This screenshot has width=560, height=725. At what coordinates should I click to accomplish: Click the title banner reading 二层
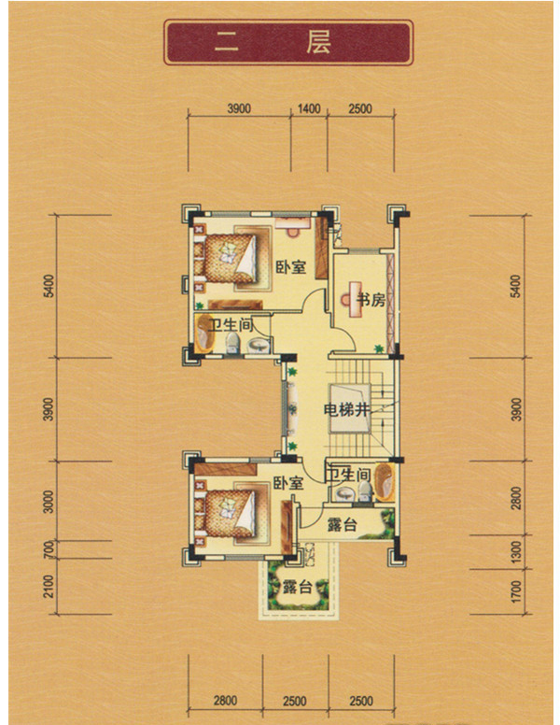pyautogui.click(x=288, y=42)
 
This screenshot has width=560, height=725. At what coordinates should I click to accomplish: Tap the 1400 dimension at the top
pyautogui.click(x=309, y=108)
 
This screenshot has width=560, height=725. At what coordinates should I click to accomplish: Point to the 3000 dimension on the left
pyautogui.click(x=49, y=502)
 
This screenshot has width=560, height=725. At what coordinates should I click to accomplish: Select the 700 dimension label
pyautogui.click(x=49, y=549)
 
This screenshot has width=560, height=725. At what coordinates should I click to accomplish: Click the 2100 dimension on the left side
pyautogui.click(x=49, y=587)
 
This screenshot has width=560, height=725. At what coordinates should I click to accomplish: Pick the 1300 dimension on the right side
pyautogui.click(x=516, y=552)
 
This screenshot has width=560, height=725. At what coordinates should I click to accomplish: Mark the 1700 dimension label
pyautogui.click(x=516, y=591)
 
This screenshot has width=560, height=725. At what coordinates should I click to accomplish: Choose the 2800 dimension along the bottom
pyautogui.click(x=225, y=701)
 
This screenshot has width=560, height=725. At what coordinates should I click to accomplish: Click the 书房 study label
pyautogui.click(x=371, y=300)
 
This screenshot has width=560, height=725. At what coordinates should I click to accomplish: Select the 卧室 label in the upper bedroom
pyautogui.click(x=291, y=267)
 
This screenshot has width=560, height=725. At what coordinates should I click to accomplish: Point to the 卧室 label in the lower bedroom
pyautogui.click(x=288, y=484)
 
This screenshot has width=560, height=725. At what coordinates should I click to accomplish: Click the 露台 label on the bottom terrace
pyautogui.click(x=298, y=588)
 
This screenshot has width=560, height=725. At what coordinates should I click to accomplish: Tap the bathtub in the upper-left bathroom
pyautogui.click(x=203, y=334)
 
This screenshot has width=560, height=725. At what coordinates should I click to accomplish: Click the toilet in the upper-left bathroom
pyautogui.click(x=232, y=344)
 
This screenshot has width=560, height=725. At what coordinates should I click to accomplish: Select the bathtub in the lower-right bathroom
pyautogui.click(x=385, y=482)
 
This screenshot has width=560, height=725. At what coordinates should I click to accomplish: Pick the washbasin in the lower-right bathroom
pyautogui.click(x=344, y=494)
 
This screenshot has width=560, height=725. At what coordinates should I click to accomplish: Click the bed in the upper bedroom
pyautogui.click(x=230, y=258)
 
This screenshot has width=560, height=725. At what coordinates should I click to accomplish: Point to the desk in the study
pyautogui.click(x=355, y=300)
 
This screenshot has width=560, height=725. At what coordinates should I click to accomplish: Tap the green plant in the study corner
pyautogui.click(x=379, y=348)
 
